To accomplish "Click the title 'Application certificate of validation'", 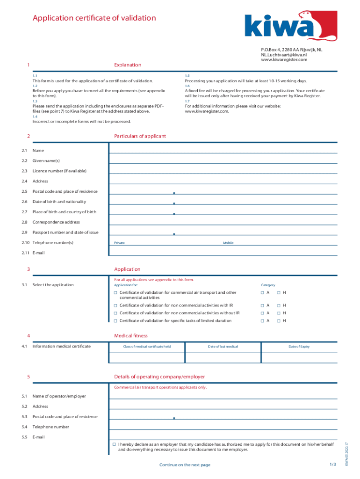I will click(x=94, y=18).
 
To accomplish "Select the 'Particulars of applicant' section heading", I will click(x=140, y=136).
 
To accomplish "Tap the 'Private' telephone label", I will click(x=119, y=243).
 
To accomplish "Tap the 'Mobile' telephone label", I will click(x=228, y=243).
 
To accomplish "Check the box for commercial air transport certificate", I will click(x=115, y=293).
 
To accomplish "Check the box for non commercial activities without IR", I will click(x=115, y=313).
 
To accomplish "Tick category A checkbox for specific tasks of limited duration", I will click(x=262, y=321).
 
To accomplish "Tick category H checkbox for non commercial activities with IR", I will click(x=278, y=305).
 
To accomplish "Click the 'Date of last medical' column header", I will click(x=223, y=347).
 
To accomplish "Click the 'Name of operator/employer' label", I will click(x=59, y=396).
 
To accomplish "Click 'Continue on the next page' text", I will click(x=185, y=465).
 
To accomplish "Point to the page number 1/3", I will click(x=333, y=464).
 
